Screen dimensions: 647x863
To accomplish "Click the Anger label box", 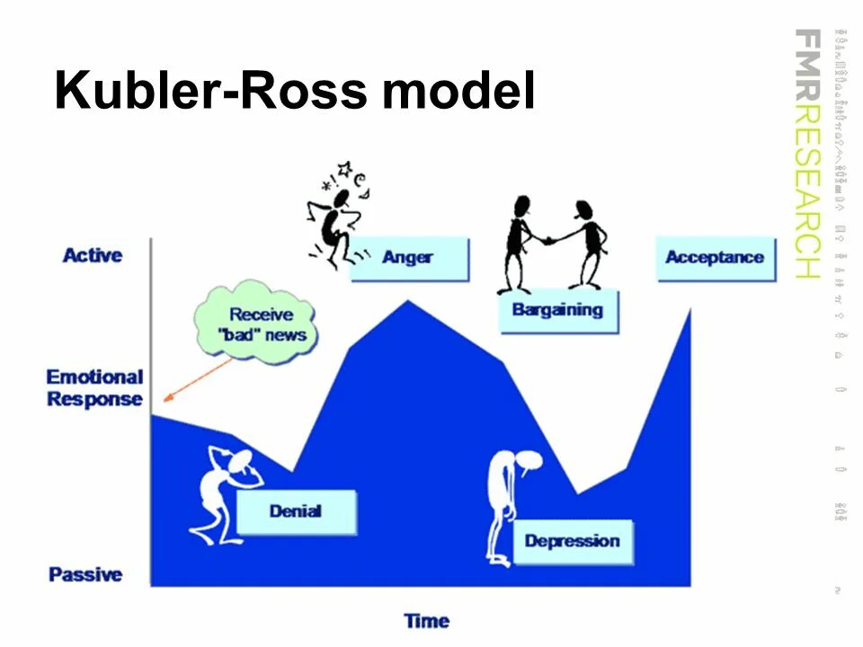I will pyautogui.click(x=409, y=258).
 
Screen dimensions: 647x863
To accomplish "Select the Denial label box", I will pyautogui.click(x=296, y=512).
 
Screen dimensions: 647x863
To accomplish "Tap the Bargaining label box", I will pyautogui.click(x=558, y=311).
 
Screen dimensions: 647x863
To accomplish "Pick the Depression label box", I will pyautogui.click(x=573, y=541).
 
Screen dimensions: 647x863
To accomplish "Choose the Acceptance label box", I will pyautogui.click(x=715, y=258).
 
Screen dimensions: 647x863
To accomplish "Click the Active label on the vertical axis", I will pyautogui.click(x=93, y=255).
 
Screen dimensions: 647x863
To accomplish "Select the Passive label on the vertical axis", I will pyautogui.click(x=86, y=574).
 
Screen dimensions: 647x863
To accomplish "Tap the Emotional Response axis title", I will pyautogui.click(x=94, y=388).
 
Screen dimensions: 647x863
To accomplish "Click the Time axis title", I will pyautogui.click(x=426, y=621).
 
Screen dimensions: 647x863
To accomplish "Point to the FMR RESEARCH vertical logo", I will pyautogui.click(x=807, y=153).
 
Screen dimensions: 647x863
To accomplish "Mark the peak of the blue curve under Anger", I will pyautogui.click(x=408, y=302).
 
